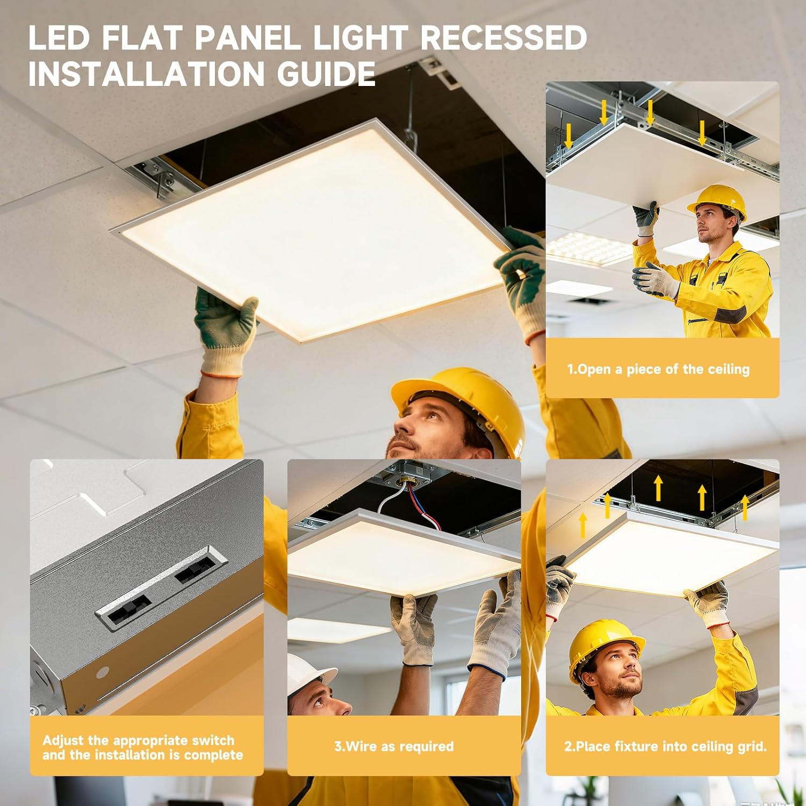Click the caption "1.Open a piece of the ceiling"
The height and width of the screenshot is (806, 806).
(658, 369)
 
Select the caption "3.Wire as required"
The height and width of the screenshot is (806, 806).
(394, 746)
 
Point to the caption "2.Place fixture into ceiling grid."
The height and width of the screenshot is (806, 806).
(665, 746)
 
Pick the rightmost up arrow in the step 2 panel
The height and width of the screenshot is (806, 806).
(745, 508)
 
